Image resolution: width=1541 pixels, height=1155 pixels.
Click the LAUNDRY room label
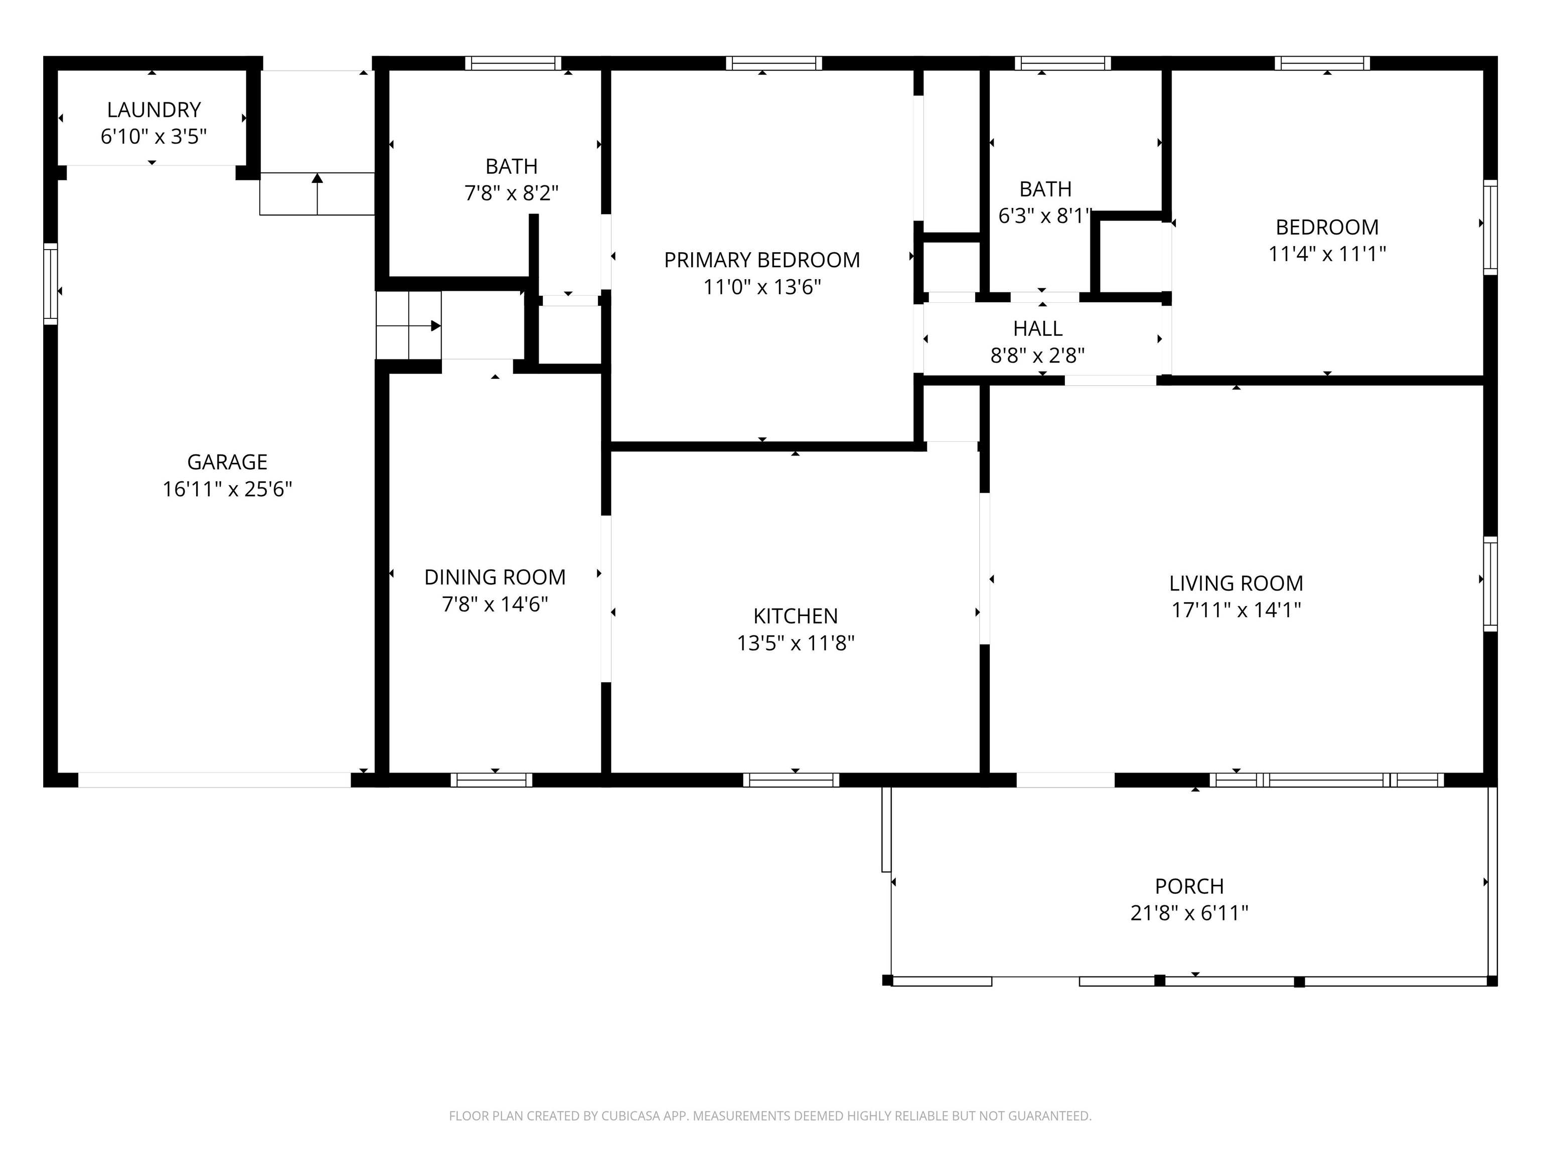pyautogui.click(x=153, y=110)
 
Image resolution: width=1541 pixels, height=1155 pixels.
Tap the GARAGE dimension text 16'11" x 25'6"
pyautogui.click(x=227, y=489)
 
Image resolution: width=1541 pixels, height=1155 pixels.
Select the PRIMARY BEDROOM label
pyautogui.click(x=761, y=260)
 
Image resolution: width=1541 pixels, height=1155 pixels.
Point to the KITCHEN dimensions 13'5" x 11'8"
pyautogui.click(x=796, y=643)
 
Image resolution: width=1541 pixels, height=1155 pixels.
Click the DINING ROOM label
pyautogui.click(x=495, y=577)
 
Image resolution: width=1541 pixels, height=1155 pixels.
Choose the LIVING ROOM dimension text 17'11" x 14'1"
pyautogui.click(x=1236, y=611)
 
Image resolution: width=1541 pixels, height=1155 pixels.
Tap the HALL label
pyautogui.click(x=1037, y=329)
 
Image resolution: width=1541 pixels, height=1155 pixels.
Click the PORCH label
pyautogui.click(x=1189, y=886)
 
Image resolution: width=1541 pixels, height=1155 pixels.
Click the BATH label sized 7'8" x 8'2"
pyautogui.click(x=511, y=166)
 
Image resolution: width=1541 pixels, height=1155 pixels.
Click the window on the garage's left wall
pyautogui.click(x=50, y=283)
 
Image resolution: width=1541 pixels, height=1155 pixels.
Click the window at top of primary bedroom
pyautogui.click(x=774, y=63)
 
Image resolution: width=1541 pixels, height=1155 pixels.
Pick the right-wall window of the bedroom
pyautogui.click(x=1490, y=227)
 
